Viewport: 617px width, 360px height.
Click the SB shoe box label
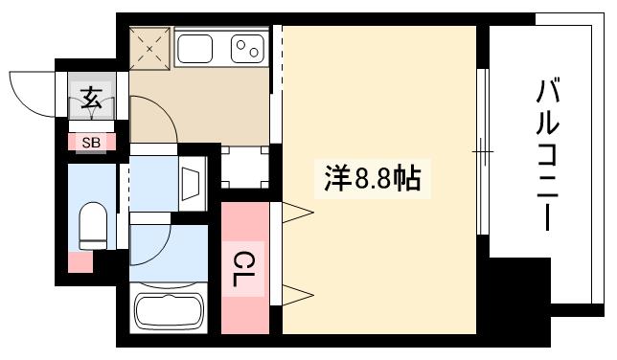pyautogui.click(x=91, y=143)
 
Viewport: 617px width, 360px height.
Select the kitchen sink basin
pyautogui.click(x=199, y=48)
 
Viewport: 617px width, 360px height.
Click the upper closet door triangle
pyautogui.click(x=297, y=210)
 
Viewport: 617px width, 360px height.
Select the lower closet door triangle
pyautogui.click(x=297, y=291)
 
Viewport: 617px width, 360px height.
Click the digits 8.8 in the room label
pyautogui.click(x=376, y=179)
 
